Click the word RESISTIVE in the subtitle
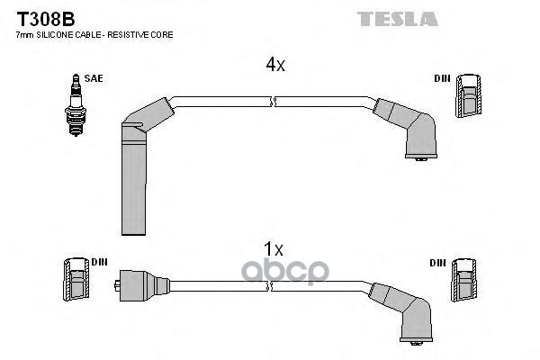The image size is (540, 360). [x=134, y=34]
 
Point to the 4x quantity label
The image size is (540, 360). [x=274, y=65]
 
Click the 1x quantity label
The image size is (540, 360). [x=274, y=248]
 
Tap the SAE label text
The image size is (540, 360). [x=94, y=78]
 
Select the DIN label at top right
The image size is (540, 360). [x=441, y=79]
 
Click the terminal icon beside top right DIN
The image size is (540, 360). [x=468, y=95]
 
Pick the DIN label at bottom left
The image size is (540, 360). [x=99, y=262]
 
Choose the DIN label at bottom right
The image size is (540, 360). [x=437, y=263]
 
